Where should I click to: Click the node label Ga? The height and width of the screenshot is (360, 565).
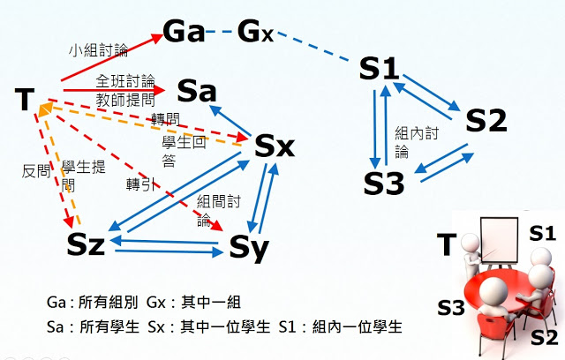pos(184,34)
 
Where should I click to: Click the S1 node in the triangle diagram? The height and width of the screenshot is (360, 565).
pos(381,68)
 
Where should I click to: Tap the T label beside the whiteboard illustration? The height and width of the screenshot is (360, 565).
pos(448,244)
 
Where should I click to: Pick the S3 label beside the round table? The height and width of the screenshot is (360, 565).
pos(450,307)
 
